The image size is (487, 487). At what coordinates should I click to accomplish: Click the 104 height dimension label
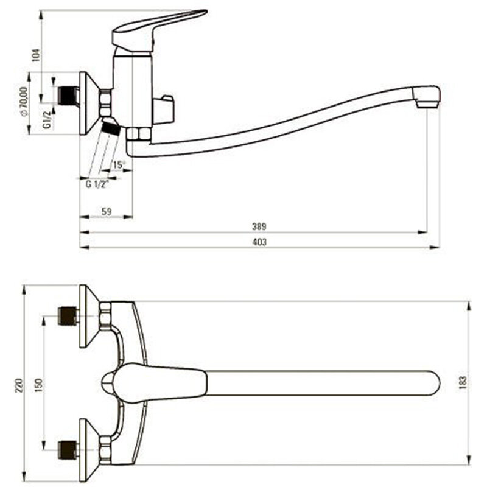(37, 55)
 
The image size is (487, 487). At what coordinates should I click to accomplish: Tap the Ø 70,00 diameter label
(23, 102)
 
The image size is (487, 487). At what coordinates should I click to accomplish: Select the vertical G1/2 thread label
(47, 120)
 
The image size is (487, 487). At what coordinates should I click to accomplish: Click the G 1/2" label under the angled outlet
(97, 184)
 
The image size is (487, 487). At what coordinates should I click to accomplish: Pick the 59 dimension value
(107, 211)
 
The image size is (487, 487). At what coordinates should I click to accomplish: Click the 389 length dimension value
(259, 226)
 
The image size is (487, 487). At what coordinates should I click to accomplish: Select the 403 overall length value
(259, 242)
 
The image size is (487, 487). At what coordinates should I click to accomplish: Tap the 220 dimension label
(19, 385)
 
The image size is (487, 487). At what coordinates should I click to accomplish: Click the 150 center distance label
(38, 385)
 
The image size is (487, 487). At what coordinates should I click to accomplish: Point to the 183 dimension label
(463, 383)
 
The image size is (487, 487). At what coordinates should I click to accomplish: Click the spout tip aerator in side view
(427, 97)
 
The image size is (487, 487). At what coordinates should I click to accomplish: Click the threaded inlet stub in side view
(68, 96)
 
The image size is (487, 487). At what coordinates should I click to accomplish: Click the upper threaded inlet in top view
(68, 315)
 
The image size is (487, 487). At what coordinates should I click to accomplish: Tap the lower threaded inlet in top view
(68, 450)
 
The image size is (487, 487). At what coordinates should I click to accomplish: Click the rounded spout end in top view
(433, 383)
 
